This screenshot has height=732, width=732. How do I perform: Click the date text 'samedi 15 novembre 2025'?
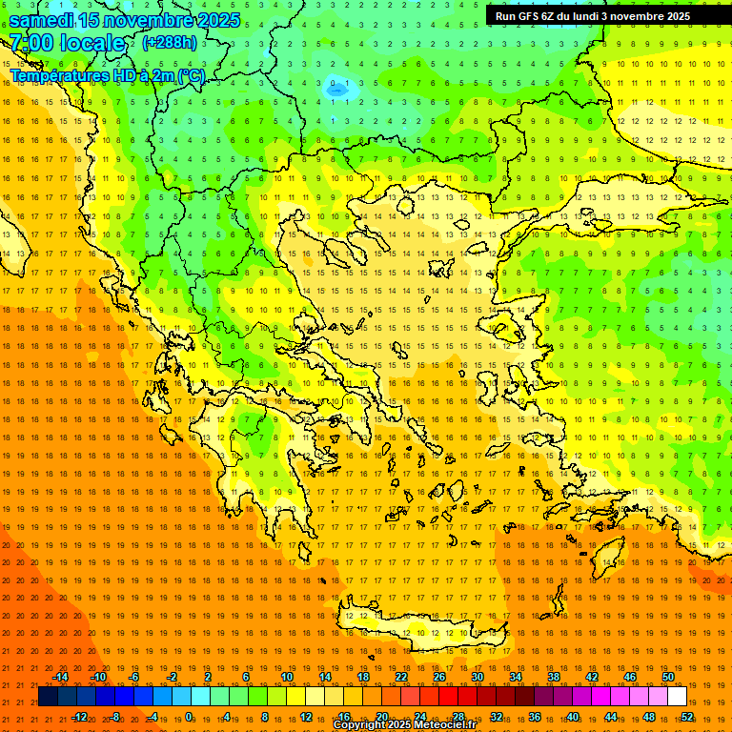coord(125,20)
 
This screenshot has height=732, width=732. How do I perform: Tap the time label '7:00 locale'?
coord(67,43)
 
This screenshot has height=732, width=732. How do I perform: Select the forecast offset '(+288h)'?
coord(170,43)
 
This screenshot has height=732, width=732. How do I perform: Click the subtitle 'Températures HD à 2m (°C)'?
coord(108,74)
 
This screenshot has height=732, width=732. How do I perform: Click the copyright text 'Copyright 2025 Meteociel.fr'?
coord(404,725)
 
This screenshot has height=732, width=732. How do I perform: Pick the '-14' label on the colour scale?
coord(60,677)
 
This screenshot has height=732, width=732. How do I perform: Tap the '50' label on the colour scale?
coord(668,677)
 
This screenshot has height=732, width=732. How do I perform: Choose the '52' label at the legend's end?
coord(687,717)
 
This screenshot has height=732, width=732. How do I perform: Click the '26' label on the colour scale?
coord(439,677)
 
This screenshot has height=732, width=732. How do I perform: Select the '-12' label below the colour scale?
coord(79,717)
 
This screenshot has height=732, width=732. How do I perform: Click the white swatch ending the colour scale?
coord(678,697)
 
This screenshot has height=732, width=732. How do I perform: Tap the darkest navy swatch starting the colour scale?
coord(49,697)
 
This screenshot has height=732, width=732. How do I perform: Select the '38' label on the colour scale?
coord(554,677)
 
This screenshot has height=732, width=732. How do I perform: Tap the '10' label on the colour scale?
coord(287,677)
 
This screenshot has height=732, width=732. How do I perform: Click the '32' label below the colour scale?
coord(497,717)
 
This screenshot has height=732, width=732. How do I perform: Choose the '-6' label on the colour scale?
coord(134,677)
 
